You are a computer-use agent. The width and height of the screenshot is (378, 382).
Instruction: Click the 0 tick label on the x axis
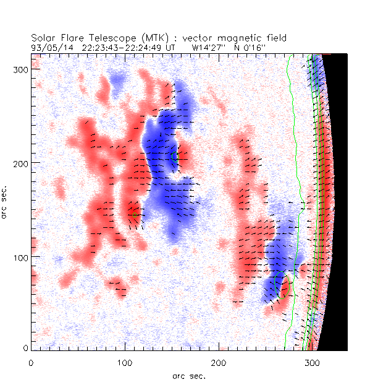point(31,361)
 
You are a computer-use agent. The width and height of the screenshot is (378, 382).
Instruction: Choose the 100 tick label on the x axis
point(125,361)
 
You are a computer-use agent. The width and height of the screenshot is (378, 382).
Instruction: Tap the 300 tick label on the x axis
point(312,361)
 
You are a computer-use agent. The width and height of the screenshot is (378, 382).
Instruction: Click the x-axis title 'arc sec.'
point(189,375)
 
